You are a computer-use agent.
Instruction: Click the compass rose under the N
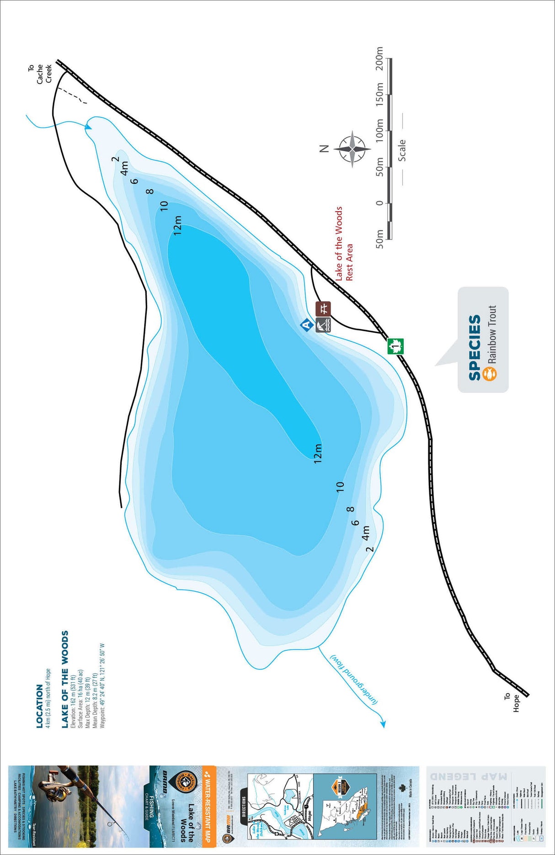[x=352, y=149]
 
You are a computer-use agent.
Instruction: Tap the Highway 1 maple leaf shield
[x=396, y=346]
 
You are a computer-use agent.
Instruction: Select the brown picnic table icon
[x=324, y=308]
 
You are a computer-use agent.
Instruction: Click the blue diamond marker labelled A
[x=307, y=325]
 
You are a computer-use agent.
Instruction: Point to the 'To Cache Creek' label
[x=40, y=73]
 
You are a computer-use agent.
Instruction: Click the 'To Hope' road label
[x=512, y=703]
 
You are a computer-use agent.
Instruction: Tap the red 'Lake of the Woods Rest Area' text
[x=344, y=244]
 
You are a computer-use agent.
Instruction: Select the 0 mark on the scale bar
[x=379, y=202]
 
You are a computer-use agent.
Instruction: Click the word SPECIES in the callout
[x=475, y=347]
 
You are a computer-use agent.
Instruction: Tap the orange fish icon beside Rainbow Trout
[x=490, y=373]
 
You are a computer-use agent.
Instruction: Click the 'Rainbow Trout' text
[x=492, y=334]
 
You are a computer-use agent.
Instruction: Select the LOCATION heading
[x=40, y=706]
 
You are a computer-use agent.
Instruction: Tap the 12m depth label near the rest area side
[x=318, y=453]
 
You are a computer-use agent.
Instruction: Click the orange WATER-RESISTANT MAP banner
[x=208, y=804]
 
